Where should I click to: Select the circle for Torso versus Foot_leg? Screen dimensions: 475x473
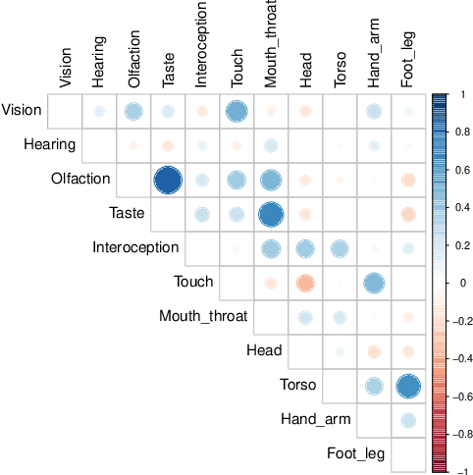[x=408, y=386]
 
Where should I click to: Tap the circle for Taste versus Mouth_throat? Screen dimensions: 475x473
[x=271, y=214]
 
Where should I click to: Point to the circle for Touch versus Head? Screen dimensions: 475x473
[x=305, y=283]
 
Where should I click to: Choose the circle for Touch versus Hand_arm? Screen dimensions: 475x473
[x=374, y=283]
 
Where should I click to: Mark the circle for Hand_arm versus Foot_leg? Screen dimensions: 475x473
[x=408, y=420]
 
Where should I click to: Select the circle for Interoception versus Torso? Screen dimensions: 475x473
[x=340, y=248]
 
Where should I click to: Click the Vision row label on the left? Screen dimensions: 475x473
[x=22, y=111]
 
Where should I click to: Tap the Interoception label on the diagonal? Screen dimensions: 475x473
[x=135, y=248]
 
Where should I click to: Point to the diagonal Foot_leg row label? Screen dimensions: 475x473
[x=356, y=454]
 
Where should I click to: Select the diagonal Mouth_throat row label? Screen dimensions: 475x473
[x=204, y=317]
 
